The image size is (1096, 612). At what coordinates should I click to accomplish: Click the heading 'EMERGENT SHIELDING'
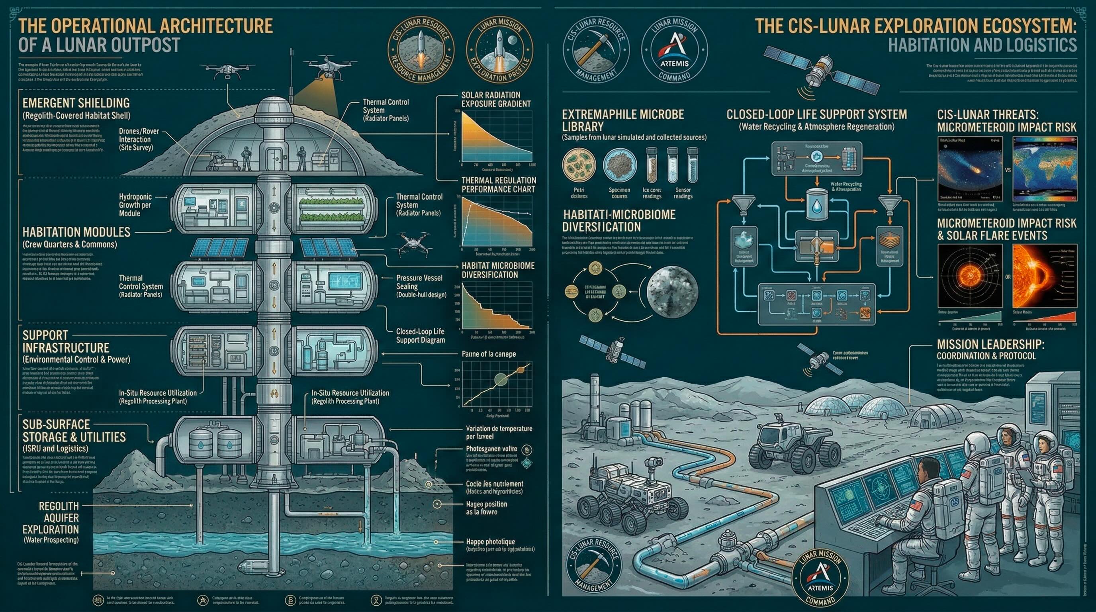76,103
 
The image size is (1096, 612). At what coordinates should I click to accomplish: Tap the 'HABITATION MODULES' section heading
76,232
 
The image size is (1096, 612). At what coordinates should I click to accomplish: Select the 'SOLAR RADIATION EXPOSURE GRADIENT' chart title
496,99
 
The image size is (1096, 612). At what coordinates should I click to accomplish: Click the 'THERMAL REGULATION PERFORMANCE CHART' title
499,185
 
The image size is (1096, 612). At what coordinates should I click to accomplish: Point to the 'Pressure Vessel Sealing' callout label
413,282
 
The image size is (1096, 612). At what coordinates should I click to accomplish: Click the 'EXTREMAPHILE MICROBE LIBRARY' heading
623,120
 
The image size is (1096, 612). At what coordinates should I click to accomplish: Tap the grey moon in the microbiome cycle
672,292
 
